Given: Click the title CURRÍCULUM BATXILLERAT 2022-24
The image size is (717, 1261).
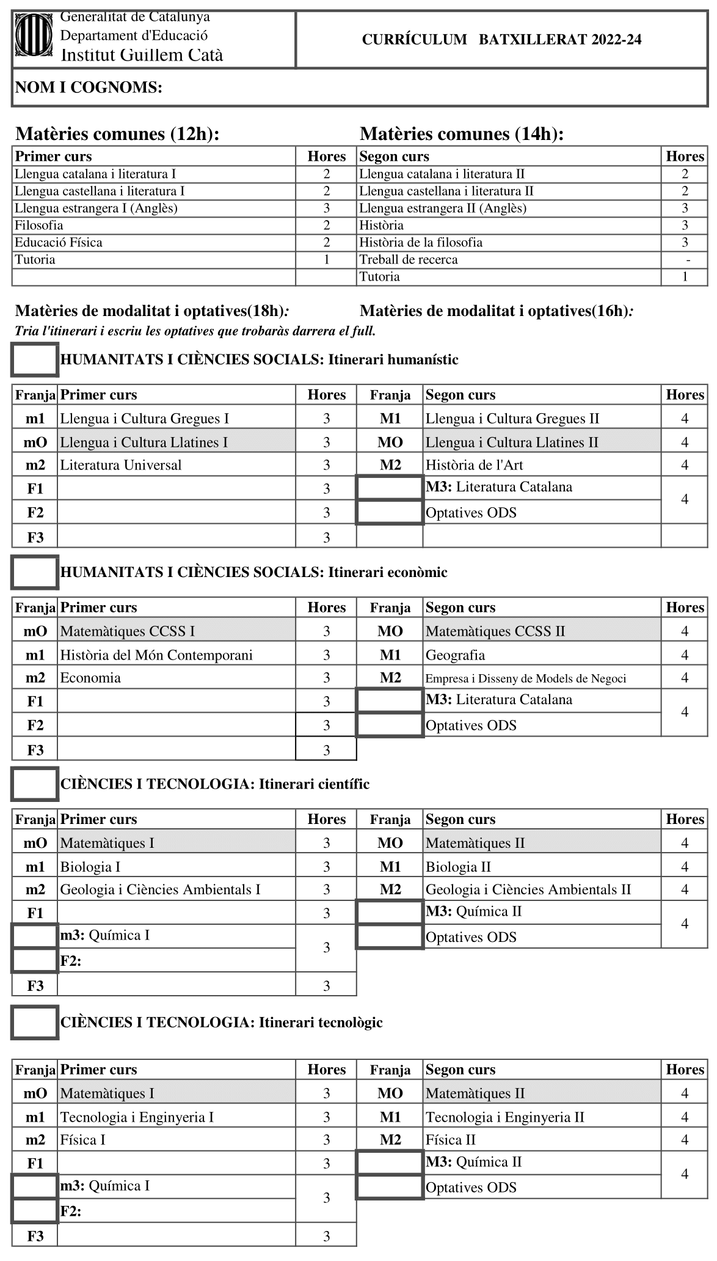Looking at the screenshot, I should tap(501, 40).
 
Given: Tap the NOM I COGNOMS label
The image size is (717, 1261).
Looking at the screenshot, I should tap(89, 88).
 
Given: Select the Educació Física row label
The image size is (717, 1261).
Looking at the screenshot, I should tap(59, 243).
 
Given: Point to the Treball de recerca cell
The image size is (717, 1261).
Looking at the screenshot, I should tap(409, 260).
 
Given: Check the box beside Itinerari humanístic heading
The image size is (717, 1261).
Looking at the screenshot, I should tap(35, 359).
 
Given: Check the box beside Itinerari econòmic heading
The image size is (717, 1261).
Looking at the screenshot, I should tap(35, 572).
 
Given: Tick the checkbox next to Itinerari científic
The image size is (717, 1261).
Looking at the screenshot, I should tap(35, 784).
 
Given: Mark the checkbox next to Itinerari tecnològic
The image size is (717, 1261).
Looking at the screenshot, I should tap(35, 1022).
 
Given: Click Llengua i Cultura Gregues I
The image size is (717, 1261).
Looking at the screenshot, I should tap(145, 419).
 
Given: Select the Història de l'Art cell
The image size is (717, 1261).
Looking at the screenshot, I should tap(475, 465).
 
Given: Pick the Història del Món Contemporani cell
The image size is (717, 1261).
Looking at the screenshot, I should tap(156, 655).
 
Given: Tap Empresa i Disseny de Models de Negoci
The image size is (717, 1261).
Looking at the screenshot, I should tap(526, 678).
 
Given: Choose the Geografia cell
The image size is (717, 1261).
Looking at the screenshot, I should tap(456, 655).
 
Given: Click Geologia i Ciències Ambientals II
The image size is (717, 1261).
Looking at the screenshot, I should tap(528, 889).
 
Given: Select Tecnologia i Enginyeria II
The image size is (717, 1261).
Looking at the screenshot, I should tap(505, 1117).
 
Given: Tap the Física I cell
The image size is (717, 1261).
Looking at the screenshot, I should tap(83, 1140).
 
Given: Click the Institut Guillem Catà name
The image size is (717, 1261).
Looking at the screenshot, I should tap(142, 56).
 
